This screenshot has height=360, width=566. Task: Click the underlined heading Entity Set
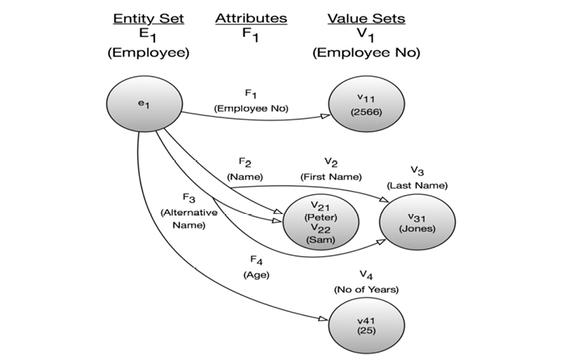pos(147,18)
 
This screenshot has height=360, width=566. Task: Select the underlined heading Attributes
pos(251,18)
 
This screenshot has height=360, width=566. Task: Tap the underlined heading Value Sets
pos(366,18)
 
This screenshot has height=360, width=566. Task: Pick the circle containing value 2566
pos(366,105)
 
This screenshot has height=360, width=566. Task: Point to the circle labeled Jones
pos(417,222)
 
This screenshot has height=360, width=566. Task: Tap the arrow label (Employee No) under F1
pos(251,108)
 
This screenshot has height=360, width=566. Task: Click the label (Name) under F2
pos(245,177)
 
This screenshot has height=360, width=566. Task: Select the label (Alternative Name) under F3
pos(189,219)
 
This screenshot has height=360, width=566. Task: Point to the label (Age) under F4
pos(256,275)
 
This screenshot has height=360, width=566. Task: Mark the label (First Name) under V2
pos(331,177)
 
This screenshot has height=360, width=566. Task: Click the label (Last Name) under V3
pos(417,185)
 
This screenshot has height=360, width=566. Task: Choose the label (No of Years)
pos(366,289)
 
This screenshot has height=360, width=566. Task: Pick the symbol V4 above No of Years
pos(366,276)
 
